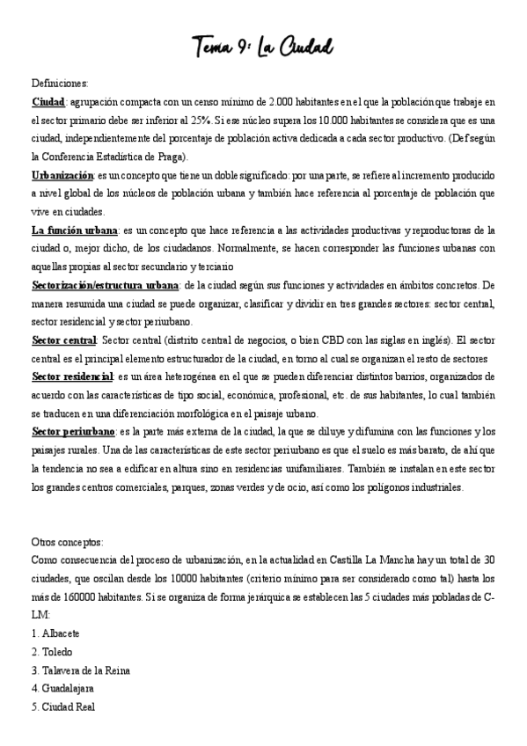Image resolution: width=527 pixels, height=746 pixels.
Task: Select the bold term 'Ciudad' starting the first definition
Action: [x=48, y=102]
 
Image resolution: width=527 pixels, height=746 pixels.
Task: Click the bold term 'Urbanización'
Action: [x=62, y=175]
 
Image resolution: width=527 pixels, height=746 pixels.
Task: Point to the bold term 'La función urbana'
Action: [x=75, y=230]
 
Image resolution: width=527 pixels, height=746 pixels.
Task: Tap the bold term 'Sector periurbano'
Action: [x=73, y=432]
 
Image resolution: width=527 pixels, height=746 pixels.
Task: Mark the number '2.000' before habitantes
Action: [x=286, y=102]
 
